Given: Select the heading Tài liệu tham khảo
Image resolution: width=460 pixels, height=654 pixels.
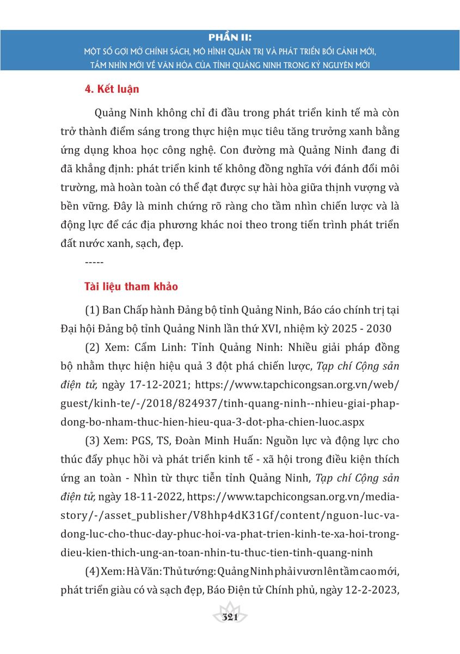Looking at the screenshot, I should coord(131,286).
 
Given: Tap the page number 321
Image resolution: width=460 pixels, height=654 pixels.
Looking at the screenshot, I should coord(229,617).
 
